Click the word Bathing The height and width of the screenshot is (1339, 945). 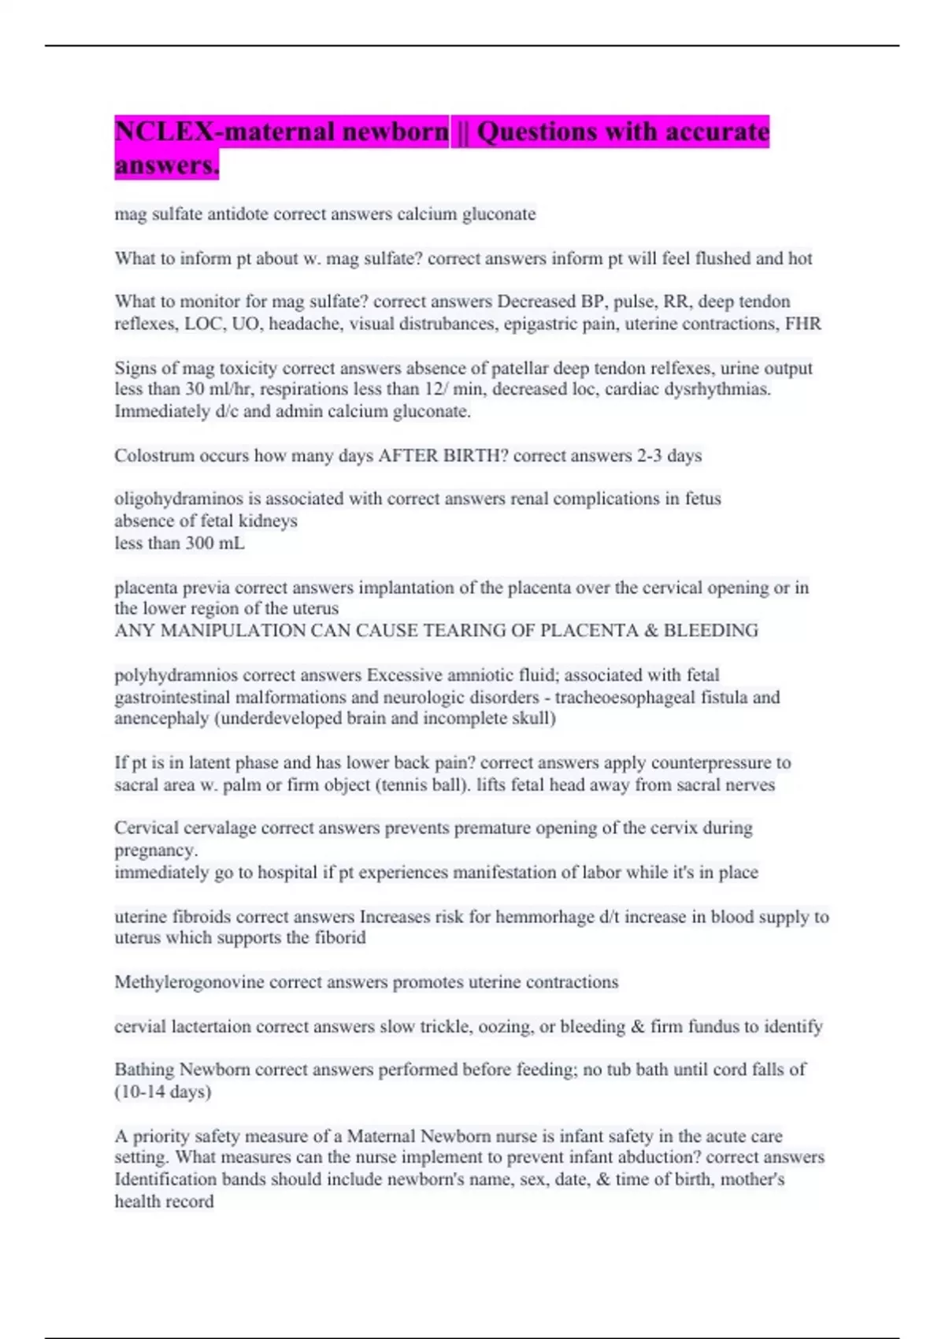point(144,1070)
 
